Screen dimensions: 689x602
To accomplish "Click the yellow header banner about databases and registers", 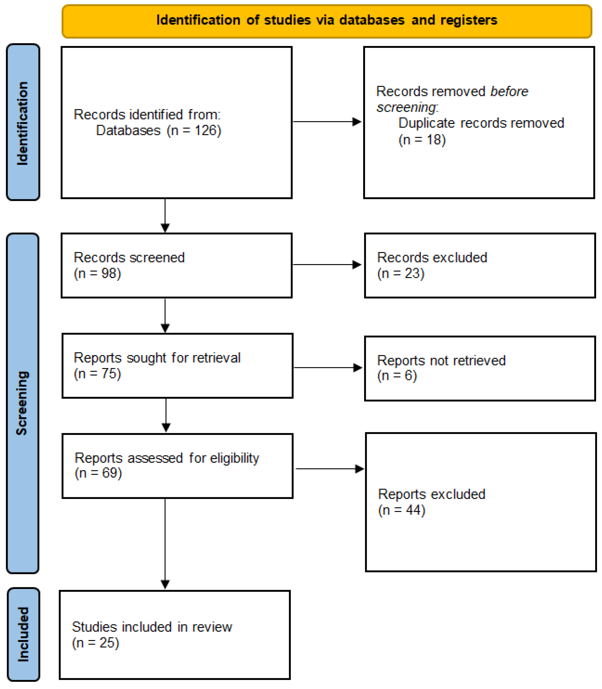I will (x=326, y=21).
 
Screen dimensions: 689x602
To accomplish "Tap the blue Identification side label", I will (x=23, y=122).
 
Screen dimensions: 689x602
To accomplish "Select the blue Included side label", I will (x=23, y=635).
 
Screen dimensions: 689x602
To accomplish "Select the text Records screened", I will (x=129, y=258).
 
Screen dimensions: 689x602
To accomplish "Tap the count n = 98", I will (x=97, y=273).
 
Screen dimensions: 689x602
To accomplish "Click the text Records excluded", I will (x=432, y=258).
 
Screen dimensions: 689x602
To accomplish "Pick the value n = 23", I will (x=401, y=273).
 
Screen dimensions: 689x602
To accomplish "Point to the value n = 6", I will (x=397, y=375).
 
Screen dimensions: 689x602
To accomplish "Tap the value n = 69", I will (x=98, y=473).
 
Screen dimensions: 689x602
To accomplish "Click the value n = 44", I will (x=402, y=510).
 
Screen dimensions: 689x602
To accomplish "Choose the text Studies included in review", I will (x=152, y=627).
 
